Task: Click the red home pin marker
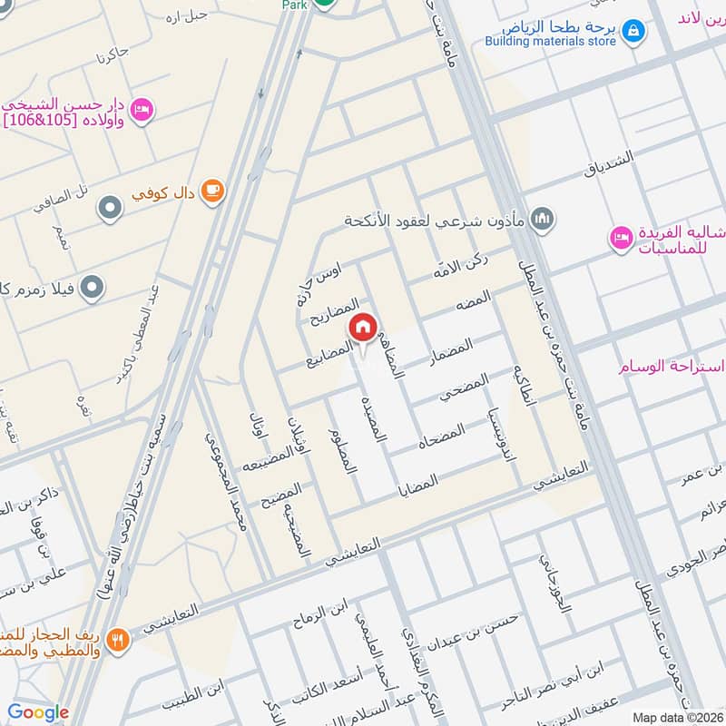coord(363,327)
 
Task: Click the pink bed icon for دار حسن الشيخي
coord(142,110)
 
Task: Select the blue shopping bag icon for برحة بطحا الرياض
coord(635,30)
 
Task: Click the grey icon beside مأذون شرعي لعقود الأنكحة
coord(543,218)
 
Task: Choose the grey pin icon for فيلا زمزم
coord(92,289)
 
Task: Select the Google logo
coord(38,712)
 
